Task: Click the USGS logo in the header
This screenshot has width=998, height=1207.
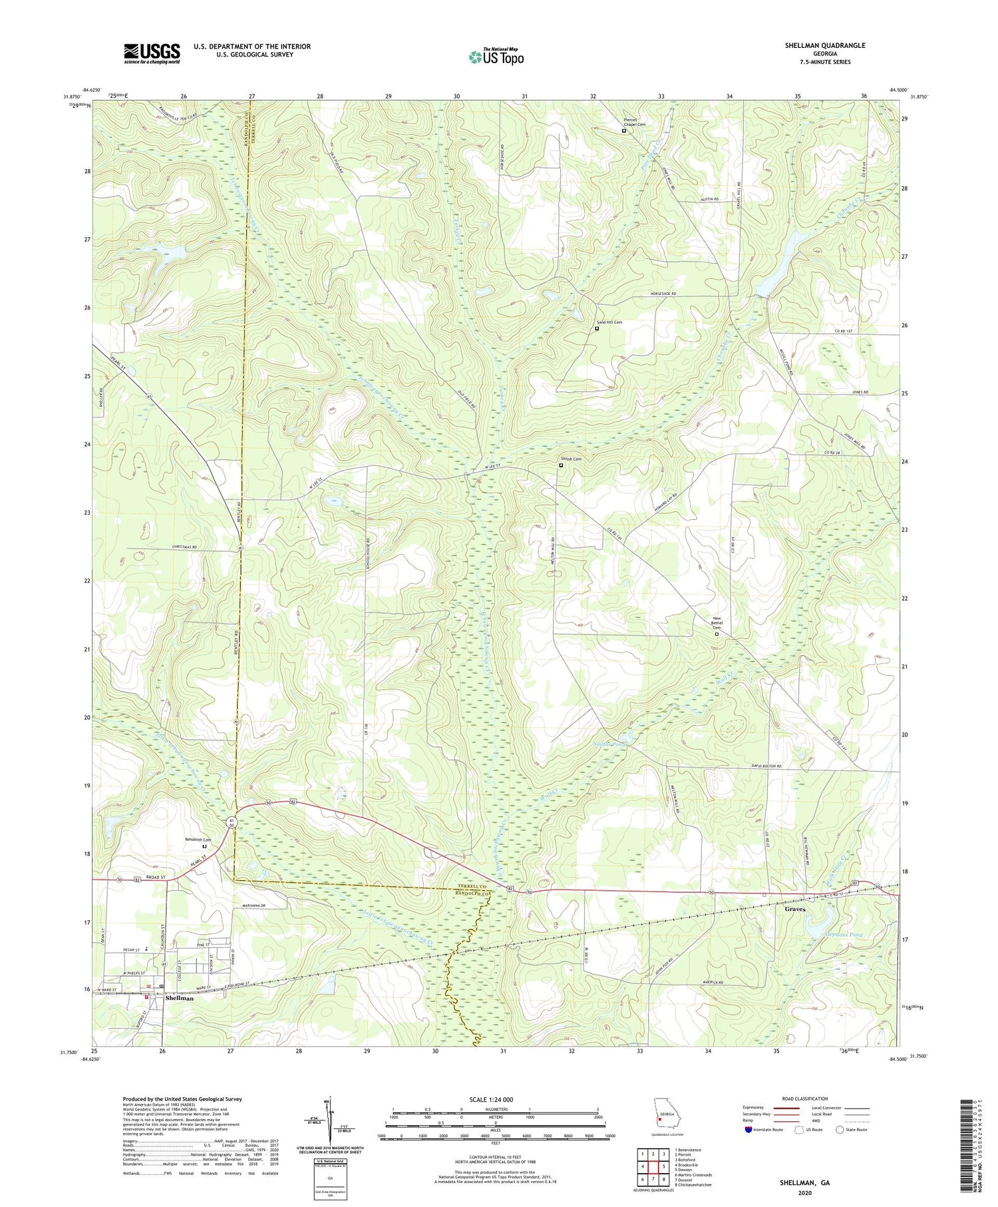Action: [x=152, y=53]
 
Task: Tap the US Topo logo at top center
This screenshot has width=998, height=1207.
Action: [x=496, y=57]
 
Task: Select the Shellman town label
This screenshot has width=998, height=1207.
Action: [x=179, y=999]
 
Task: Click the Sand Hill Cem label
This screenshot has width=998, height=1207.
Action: [x=609, y=322]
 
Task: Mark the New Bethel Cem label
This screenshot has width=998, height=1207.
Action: [x=717, y=623]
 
